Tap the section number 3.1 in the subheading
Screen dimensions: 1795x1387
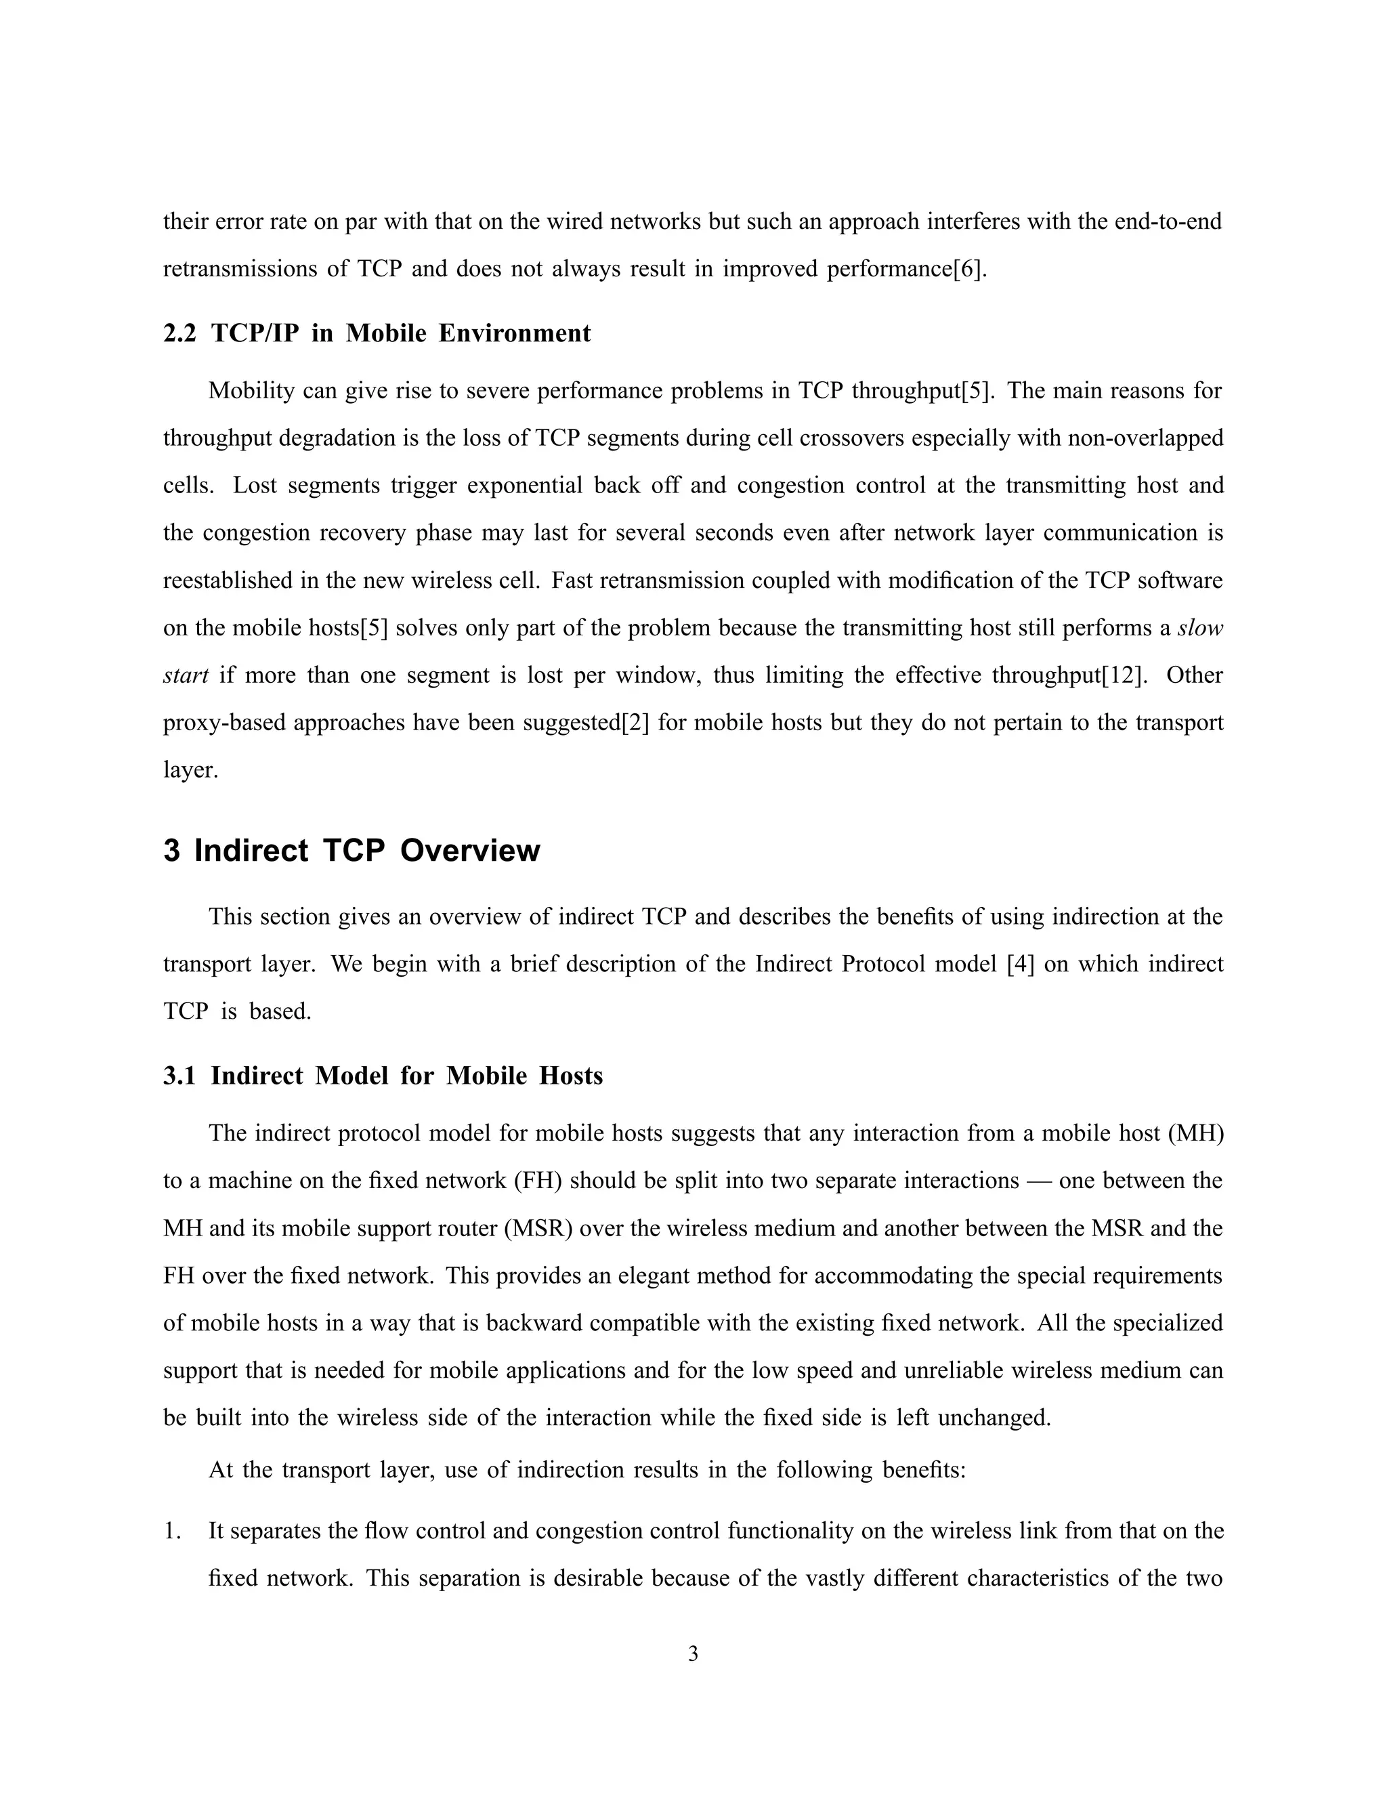pyautogui.click(x=179, y=1076)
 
